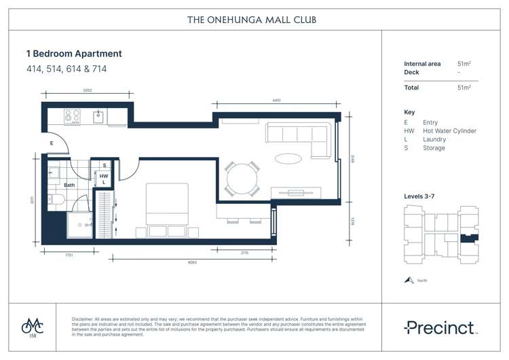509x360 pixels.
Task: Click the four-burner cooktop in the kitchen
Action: (73, 117)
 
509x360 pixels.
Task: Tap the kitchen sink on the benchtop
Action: (98, 117)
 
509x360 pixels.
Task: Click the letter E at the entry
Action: (51, 143)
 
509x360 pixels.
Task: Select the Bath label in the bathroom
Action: (69, 185)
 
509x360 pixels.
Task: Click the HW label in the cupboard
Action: (104, 176)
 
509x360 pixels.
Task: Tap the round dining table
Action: (242, 180)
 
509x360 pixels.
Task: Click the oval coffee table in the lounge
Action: (289, 159)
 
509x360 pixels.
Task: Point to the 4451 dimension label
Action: (277, 101)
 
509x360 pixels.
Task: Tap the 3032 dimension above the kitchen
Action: (88, 89)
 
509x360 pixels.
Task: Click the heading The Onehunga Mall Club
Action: (251, 20)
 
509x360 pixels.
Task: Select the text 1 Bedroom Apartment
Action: (74, 54)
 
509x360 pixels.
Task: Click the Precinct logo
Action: (441, 328)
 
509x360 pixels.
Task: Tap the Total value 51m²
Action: (464, 88)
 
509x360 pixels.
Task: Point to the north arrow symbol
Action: (409, 280)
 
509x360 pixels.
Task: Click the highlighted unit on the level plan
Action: (466, 238)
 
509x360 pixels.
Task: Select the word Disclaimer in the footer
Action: (84, 319)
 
